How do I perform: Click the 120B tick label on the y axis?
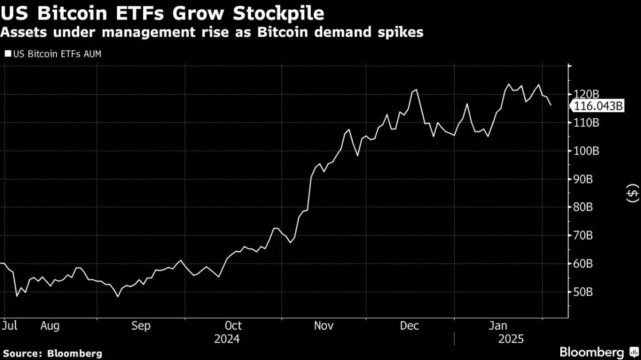tap(586, 95)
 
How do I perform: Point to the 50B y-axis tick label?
tap(583, 292)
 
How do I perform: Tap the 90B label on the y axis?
tap(583, 179)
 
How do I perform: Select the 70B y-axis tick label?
tap(583, 236)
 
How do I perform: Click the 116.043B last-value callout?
tap(598, 106)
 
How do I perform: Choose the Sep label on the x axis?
tap(141, 326)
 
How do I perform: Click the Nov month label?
tap(324, 326)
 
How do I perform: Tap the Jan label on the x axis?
tap(498, 326)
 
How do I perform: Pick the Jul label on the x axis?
tap(9, 326)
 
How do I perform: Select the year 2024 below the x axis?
tap(227, 339)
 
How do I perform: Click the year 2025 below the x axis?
tap(511, 339)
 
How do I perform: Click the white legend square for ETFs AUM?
tap(8, 53)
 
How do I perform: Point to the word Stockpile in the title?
tap(279, 13)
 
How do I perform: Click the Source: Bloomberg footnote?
tap(53, 354)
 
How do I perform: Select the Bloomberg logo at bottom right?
tap(599, 352)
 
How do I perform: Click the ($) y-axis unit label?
tap(632, 193)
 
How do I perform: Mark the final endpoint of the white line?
tap(550, 105)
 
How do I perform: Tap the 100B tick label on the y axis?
tap(586, 151)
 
